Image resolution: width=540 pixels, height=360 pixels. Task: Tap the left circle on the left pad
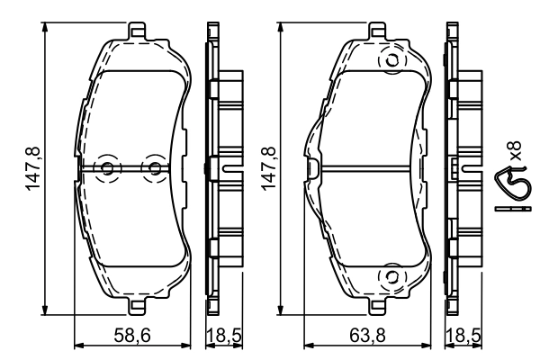pos(108,168)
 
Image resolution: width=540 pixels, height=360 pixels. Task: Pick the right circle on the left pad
pos(154,168)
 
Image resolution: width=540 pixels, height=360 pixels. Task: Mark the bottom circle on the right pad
pos(391,275)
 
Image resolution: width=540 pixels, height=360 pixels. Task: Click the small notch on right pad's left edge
pos(311,168)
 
